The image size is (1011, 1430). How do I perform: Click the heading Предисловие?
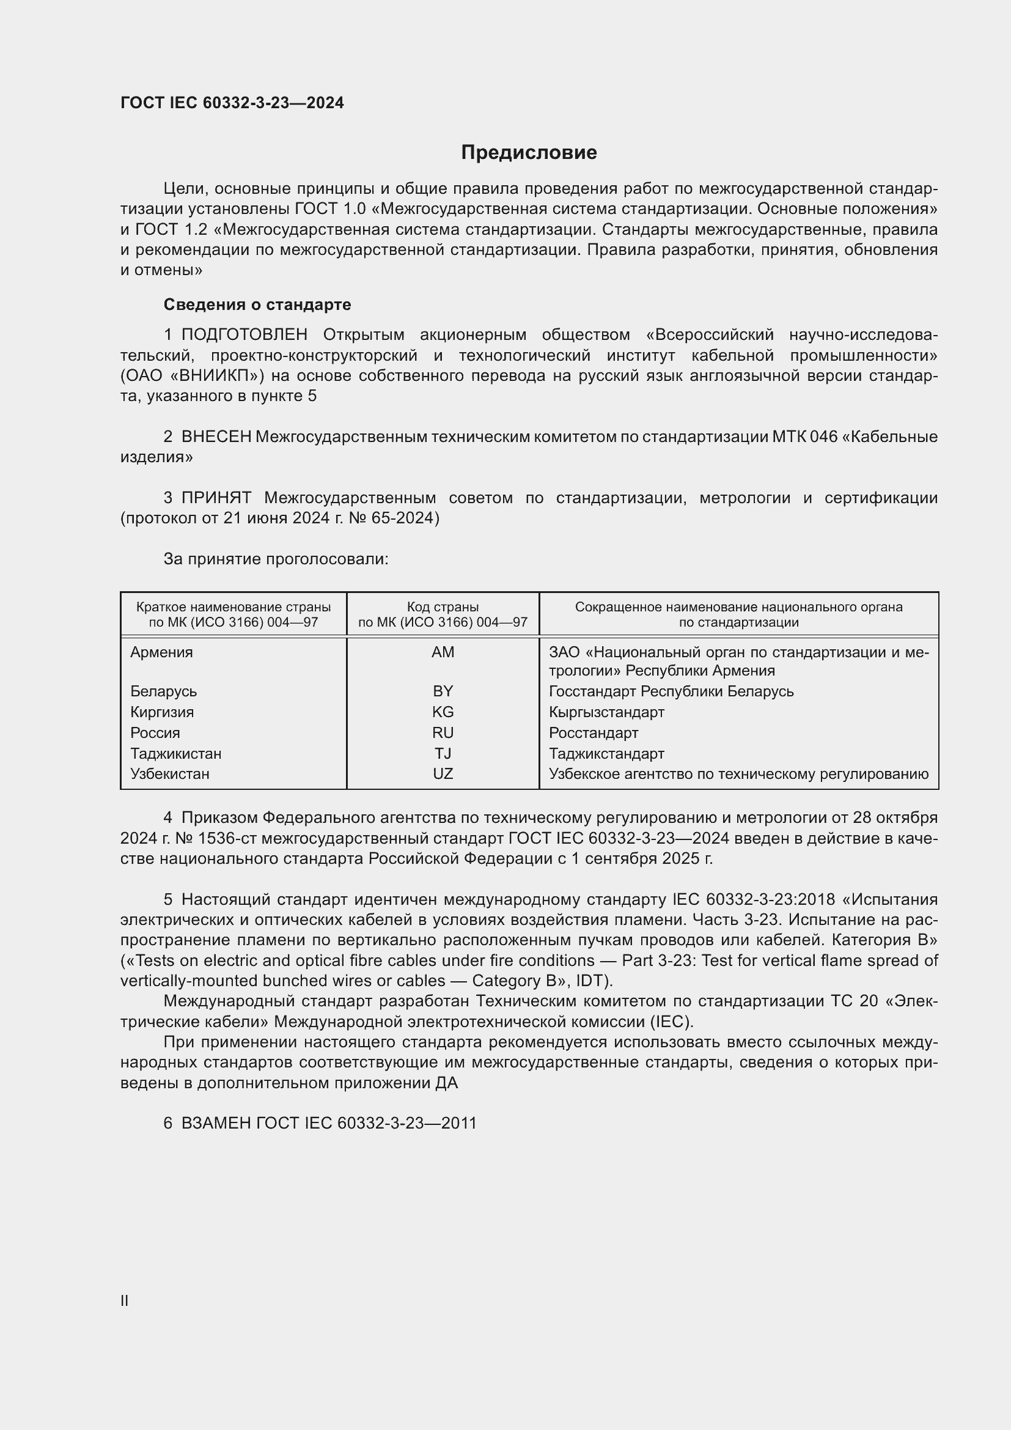(529, 153)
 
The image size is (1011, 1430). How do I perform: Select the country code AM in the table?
(443, 652)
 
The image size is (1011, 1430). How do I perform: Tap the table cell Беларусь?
(163, 691)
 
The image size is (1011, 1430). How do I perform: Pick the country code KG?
(443, 712)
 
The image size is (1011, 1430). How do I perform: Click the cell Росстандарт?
(594, 732)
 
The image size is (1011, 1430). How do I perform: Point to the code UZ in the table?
(443, 773)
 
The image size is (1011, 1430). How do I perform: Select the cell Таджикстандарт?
(606, 754)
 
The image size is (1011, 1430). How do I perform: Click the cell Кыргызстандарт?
(606, 712)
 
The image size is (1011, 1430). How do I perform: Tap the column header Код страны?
(443, 606)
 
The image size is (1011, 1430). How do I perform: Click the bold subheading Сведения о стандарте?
(257, 304)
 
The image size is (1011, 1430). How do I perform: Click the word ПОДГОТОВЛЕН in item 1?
(244, 335)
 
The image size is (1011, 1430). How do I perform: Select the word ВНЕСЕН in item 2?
(216, 437)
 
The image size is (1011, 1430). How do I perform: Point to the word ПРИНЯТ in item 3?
(216, 498)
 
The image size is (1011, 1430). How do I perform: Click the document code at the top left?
(232, 103)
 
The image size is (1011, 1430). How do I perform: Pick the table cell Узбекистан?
(169, 773)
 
